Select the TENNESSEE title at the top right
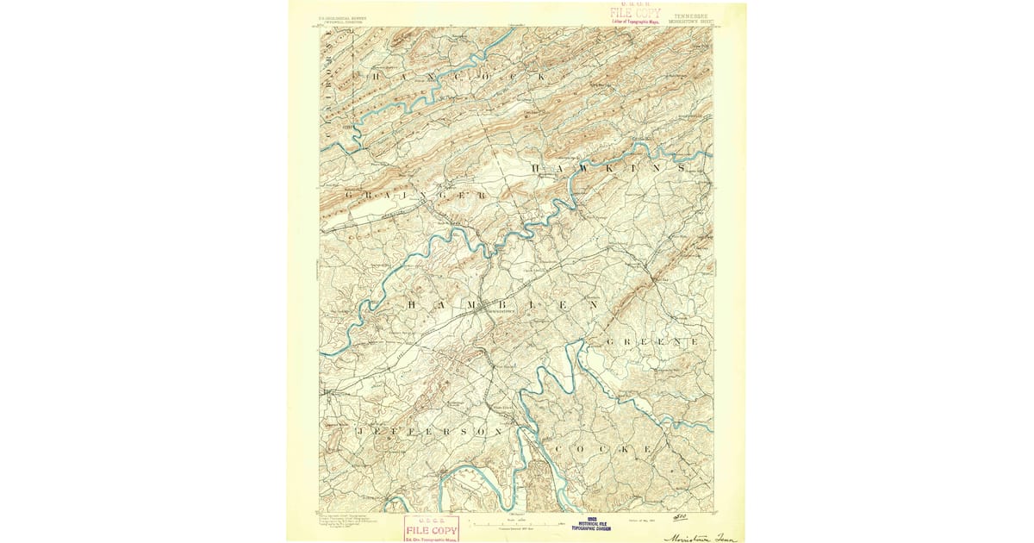693,15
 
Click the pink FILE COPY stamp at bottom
431,529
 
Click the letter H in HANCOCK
376,76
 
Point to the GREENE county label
652,342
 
